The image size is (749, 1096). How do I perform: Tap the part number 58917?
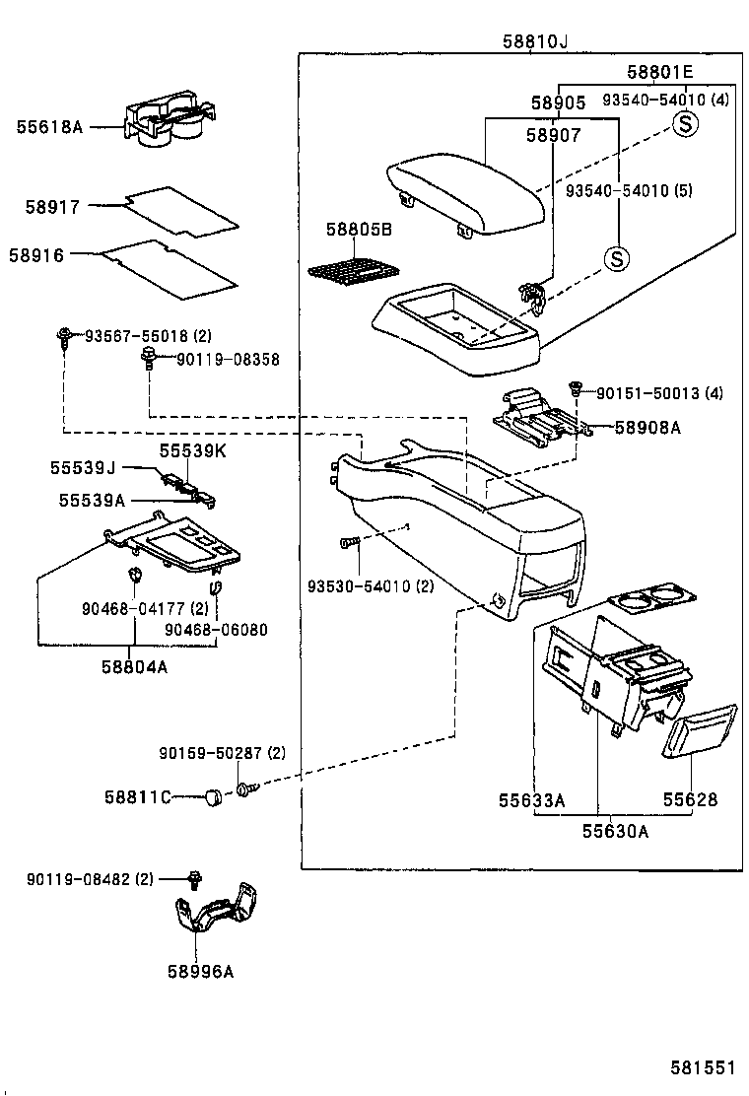51,207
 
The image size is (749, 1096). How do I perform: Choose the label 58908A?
647,428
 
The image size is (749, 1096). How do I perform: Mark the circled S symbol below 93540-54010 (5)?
616,259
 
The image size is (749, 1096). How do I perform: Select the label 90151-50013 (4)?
659,393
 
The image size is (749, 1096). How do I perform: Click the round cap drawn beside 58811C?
211,795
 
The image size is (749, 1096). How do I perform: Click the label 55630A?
614,831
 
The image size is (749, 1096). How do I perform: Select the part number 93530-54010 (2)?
371,587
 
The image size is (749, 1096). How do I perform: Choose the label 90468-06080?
216,630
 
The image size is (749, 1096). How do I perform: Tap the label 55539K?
193,450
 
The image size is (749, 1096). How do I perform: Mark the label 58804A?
133,666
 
